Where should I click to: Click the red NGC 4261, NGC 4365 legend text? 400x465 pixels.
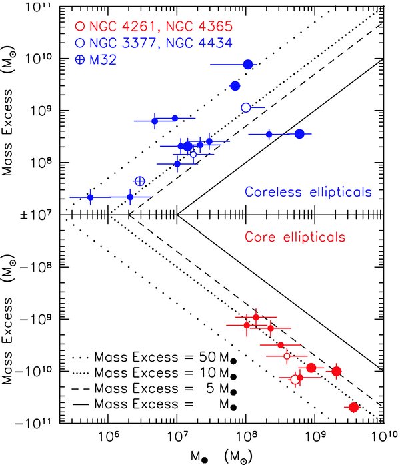(x=161, y=27)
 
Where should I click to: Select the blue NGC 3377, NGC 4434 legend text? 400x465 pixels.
(x=161, y=43)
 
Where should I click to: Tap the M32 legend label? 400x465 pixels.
(x=103, y=60)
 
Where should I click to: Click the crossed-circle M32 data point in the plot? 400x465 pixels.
(x=140, y=181)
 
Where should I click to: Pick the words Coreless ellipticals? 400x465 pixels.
(x=308, y=192)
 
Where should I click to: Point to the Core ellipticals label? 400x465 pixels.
(x=295, y=237)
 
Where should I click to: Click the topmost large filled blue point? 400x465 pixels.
(x=248, y=64)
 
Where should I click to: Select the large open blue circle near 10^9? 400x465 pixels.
(x=246, y=107)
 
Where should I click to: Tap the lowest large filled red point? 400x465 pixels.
(x=353, y=408)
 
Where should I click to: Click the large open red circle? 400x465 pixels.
(x=295, y=380)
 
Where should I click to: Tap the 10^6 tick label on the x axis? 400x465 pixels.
(x=106, y=436)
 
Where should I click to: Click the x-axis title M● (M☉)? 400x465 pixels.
(x=221, y=456)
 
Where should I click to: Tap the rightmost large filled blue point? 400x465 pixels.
(x=299, y=134)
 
